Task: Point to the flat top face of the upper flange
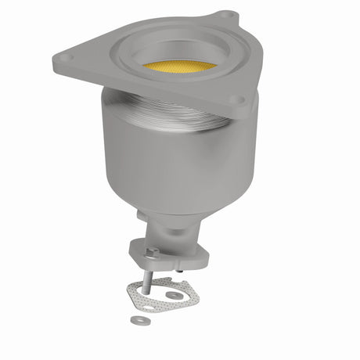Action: [x=94, y=59]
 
